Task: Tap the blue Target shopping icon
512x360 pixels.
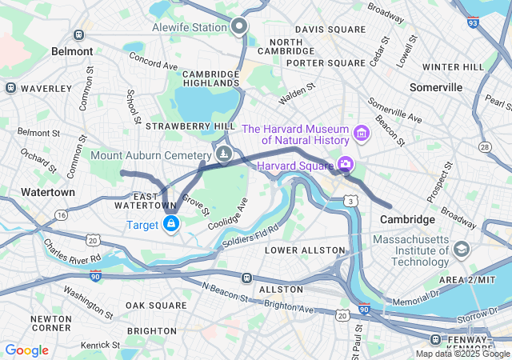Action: click(170, 225)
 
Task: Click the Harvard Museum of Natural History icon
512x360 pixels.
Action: click(361, 130)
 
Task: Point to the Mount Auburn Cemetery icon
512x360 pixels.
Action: click(225, 154)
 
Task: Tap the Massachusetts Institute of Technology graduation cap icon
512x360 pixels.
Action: click(462, 250)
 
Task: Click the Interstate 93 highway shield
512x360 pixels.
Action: click(473, 23)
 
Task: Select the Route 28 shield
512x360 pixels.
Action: click(484, 147)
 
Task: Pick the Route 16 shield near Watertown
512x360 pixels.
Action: click(62, 214)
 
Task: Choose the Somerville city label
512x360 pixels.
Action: click(436, 86)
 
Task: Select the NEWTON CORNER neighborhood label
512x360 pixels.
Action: click(50, 323)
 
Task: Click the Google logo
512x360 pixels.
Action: click(26, 350)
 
